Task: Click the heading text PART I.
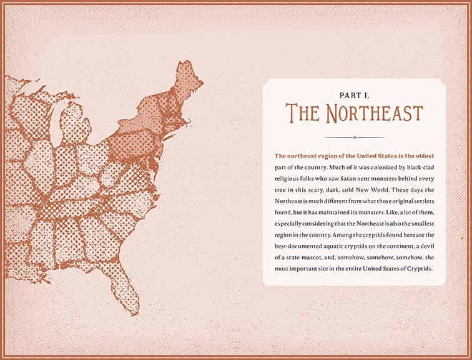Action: (x=354, y=95)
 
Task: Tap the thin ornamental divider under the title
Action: (x=354, y=137)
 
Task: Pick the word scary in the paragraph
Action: (x=320, y=190)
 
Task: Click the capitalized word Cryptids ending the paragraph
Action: (x=426, y=269)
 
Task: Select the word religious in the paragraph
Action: (x=290, y=178)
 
